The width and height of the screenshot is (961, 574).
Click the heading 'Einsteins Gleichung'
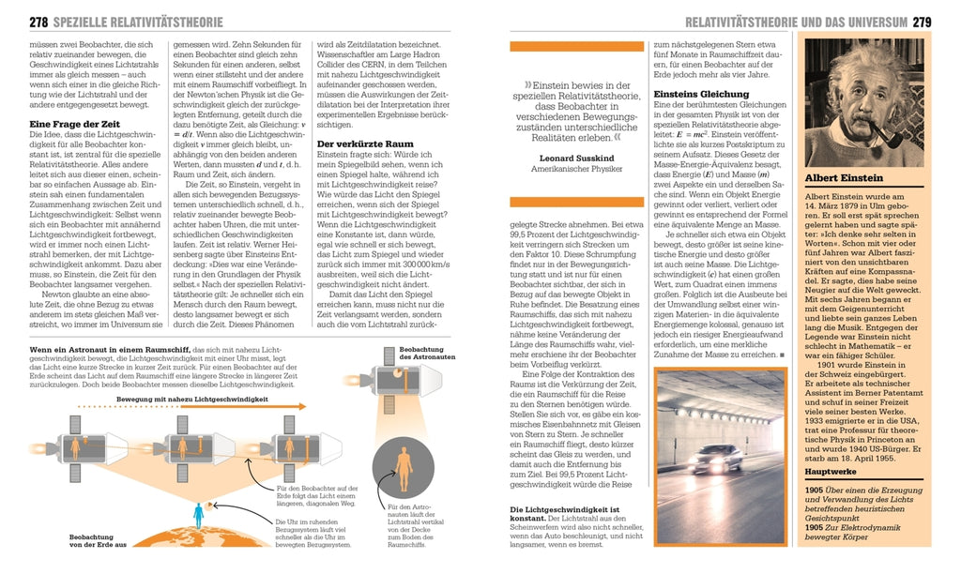(x=701, y=94)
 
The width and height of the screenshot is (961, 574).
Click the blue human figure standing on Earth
(x=197, y=515)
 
